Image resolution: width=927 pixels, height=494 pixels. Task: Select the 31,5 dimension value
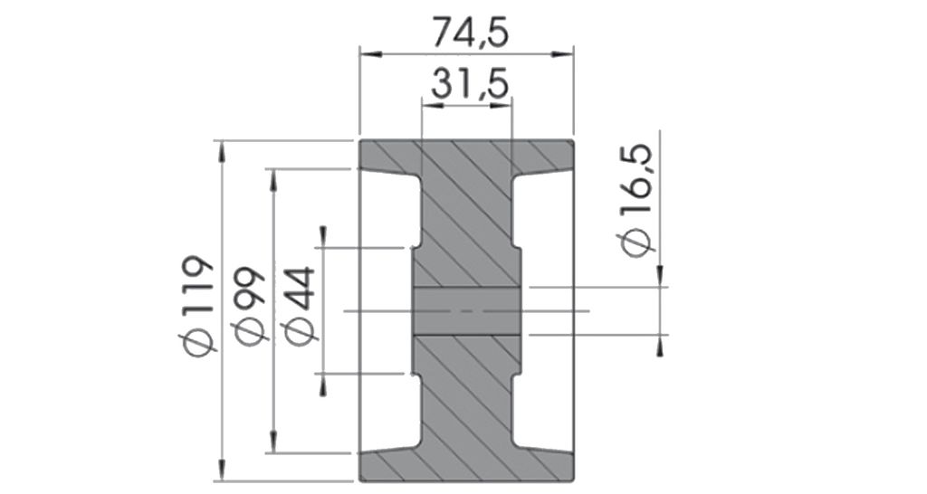471,84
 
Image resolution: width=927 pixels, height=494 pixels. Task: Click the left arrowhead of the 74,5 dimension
370,54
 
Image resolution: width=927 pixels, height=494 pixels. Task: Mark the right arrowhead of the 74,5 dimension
562,54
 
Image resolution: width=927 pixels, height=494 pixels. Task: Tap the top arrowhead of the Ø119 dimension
222,151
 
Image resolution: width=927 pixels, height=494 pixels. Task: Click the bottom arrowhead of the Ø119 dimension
222,470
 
